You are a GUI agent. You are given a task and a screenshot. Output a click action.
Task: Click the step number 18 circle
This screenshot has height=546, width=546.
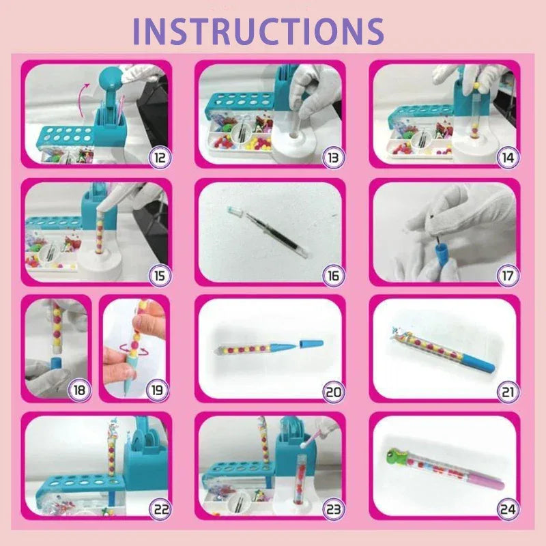tap(80, 391)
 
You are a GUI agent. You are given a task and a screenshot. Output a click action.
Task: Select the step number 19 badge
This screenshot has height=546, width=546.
tap(157, 391)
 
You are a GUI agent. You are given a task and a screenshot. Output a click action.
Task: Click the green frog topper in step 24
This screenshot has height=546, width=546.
tap(399, 455)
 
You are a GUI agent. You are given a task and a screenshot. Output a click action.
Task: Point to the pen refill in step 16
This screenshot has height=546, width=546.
tap(266, 232)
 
